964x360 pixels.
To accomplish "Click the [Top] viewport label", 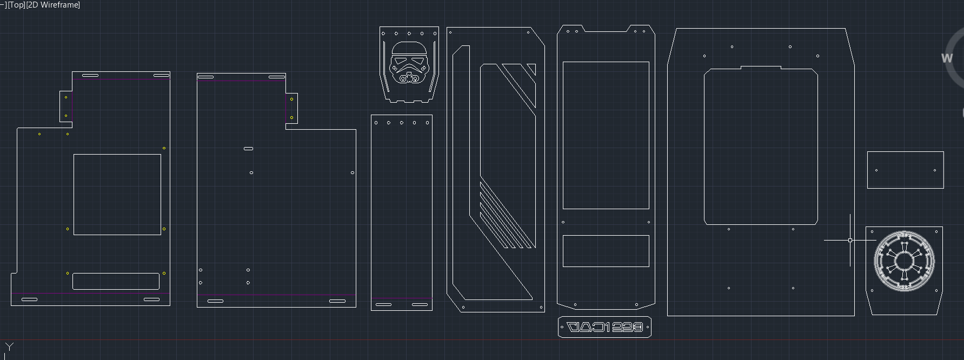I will [x=16, y=5].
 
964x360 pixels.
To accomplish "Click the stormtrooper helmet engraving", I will [x=409, y=64].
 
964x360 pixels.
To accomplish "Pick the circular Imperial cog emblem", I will [x=904, y=261].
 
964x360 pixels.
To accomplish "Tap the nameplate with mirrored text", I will [x=604, y=327].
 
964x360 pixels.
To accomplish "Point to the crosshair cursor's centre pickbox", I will [x=850, y=240].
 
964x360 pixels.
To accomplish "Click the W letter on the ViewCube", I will [x=947, y=58].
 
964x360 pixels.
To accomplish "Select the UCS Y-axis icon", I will [x=9, y=347].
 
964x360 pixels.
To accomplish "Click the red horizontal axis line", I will [x=487, y=340].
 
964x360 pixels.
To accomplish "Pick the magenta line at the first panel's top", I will [x=122, y=79].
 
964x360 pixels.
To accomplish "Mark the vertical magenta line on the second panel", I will [x=286, y=108].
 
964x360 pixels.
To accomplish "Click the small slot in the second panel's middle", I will [x=248, y=148].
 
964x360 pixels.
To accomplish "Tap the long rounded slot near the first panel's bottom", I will [x=116, y=281].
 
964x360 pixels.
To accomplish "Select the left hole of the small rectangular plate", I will [x=876, y=170].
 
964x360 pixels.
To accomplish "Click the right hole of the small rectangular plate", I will [x=934, y=170].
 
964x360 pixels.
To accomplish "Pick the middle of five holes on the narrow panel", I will [x=402, y=123].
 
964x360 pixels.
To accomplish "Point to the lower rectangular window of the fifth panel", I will [x=606, y=251].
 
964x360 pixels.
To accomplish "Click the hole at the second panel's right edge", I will [x=353, y=173].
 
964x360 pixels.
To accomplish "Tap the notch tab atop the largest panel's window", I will [x=760, y=68].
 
